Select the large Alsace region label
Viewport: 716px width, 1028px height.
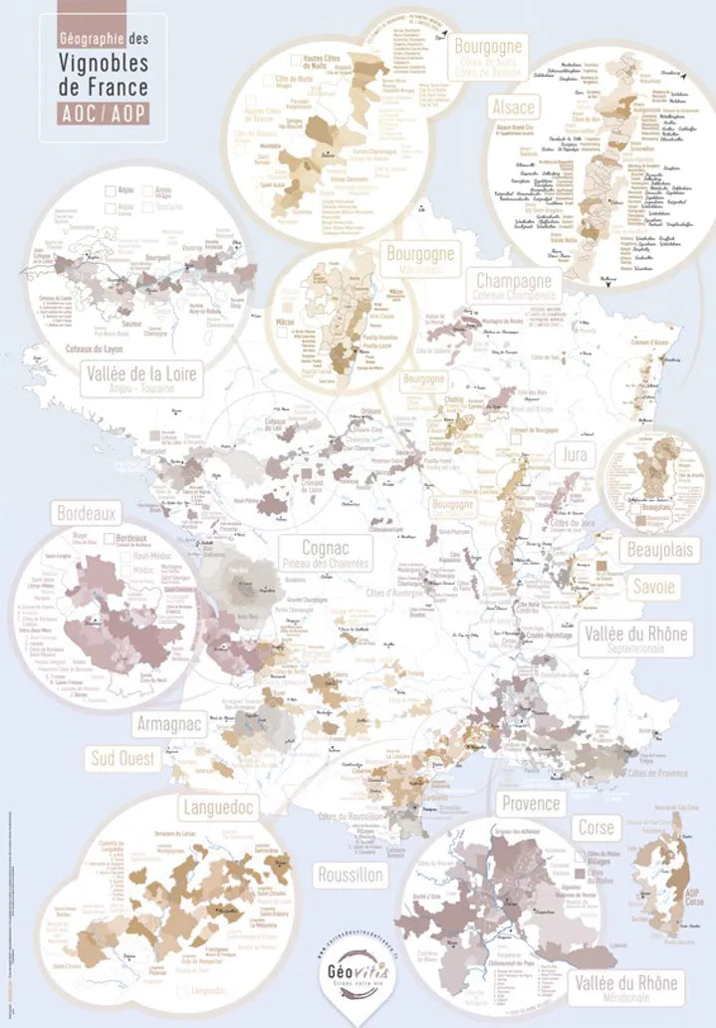click(513, 107)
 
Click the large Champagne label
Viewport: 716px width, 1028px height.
click(514, 280)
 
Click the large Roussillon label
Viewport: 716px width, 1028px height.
click(350, 876)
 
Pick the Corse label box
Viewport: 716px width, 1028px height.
click(596, 827)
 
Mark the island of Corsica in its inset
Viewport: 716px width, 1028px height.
click(664, 877)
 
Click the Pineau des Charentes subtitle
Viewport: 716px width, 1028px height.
click(323, 564)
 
